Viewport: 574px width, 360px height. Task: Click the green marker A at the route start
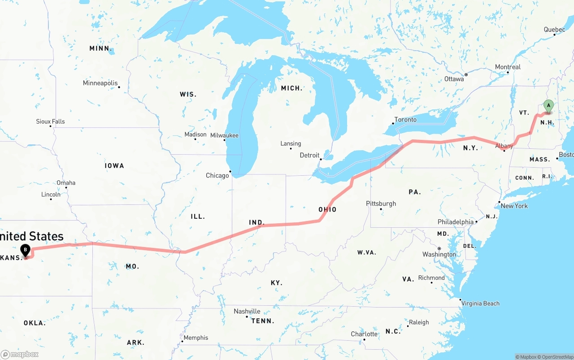[548, 106]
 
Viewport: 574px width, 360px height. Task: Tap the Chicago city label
[217, 175]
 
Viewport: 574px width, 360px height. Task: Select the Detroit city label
[309, 155]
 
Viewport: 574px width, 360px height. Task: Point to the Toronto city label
[405, 120]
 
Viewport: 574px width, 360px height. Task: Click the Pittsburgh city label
[381, 203]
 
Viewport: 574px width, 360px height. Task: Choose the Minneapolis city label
[100, 83]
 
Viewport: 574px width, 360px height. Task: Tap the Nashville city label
[247, 311]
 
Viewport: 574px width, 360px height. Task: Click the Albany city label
[504, 146]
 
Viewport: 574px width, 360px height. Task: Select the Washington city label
[439, 254]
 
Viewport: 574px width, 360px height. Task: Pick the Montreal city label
[508, 67]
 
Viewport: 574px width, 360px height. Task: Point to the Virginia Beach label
[481, 304]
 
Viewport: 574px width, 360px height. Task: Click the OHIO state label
[327, 209]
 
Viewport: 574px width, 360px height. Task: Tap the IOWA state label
[114, 165]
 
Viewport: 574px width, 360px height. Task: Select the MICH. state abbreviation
[291, 88]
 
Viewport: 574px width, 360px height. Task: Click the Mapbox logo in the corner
[20, 354]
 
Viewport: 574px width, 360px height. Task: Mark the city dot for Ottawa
[466, 74]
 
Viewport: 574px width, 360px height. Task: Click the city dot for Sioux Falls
[51, 126]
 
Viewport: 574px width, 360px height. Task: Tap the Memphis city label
[196, 338]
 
